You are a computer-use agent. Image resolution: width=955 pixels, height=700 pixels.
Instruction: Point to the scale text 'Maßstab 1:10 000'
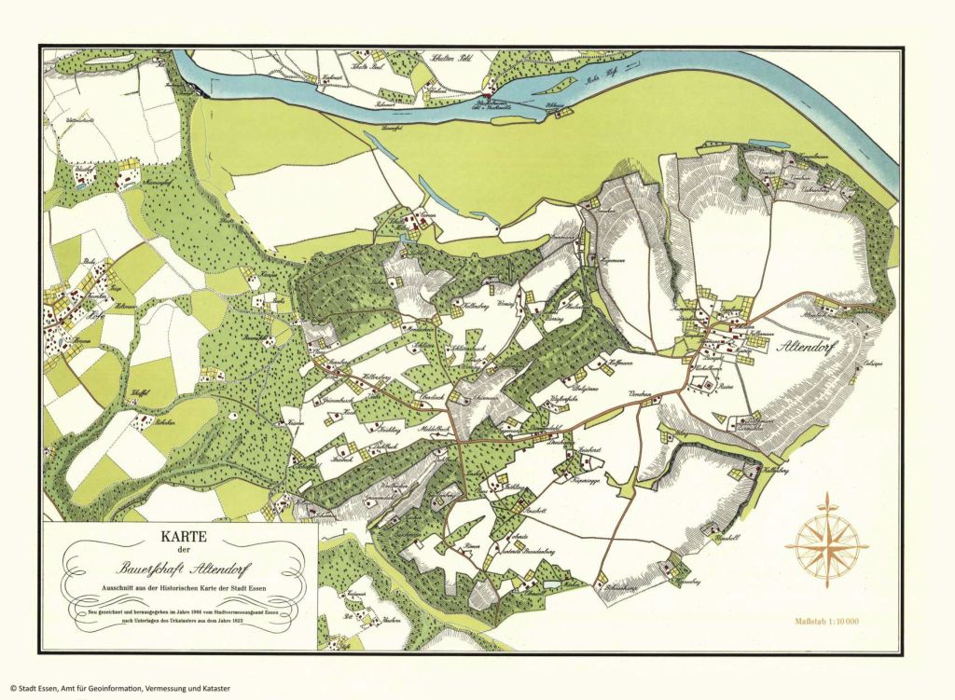coord(826,620)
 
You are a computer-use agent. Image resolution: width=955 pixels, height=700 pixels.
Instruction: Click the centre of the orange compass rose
coord(825,542)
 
